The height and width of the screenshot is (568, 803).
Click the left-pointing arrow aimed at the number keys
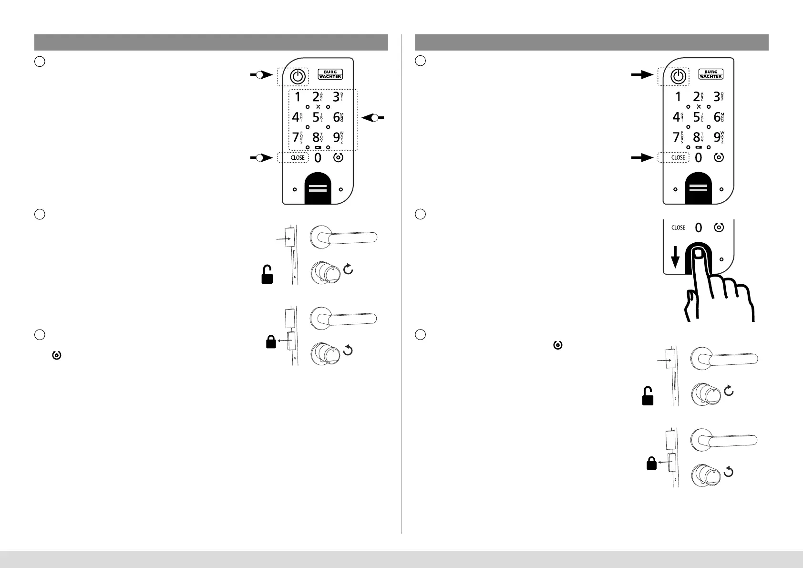[372, 117]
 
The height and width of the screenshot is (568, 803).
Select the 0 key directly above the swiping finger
[699, 228]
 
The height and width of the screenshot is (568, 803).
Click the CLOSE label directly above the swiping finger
[678, 228]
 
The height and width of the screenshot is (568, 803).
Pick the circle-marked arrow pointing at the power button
[261, 75]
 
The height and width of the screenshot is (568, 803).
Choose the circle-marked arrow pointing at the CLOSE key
[261, 158]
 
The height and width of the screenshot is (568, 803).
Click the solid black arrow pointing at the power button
[642, 75]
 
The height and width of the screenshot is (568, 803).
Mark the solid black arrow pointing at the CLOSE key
[642, 158]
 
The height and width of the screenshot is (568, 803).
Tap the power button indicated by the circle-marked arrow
[298, 76]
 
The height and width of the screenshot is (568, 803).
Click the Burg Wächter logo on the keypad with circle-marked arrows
[330, 74]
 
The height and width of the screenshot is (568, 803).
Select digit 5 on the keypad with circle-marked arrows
[316, 117]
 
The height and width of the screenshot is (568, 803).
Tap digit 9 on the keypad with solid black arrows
[717, 138]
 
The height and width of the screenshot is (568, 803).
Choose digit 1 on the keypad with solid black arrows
[678, 97]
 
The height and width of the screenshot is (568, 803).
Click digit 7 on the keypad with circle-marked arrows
[297, 138]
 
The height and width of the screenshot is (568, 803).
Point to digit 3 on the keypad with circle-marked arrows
[336, 97]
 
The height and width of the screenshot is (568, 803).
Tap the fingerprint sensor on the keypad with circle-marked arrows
[318, 189]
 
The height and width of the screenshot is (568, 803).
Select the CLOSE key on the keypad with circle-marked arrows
[298, 158]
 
